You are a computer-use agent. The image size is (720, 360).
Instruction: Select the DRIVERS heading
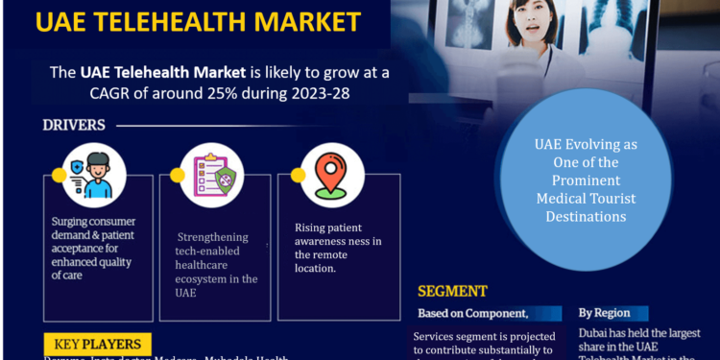tap(74, 125)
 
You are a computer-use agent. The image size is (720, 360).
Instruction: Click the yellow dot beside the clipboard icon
tap(177, 176)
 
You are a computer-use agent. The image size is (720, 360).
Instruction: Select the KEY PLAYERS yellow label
tap(97, 344)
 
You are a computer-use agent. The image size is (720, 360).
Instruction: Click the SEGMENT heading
tap(452, 291)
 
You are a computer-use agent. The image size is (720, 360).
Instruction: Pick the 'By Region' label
tap(604, 313)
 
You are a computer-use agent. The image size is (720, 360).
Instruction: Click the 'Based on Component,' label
tap(472, 314)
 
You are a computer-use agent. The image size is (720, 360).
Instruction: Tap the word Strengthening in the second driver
tap(212, 236)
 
